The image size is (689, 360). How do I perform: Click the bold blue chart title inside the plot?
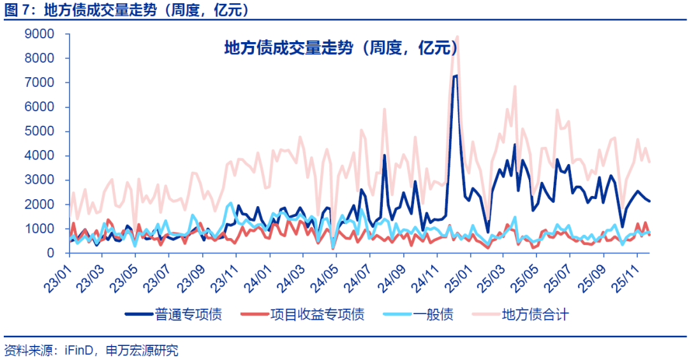[341, 48]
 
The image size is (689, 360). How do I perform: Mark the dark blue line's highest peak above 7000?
[456, 75]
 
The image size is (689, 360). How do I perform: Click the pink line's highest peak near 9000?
[457, 36]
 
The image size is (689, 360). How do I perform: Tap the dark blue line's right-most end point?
[649, 201]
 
